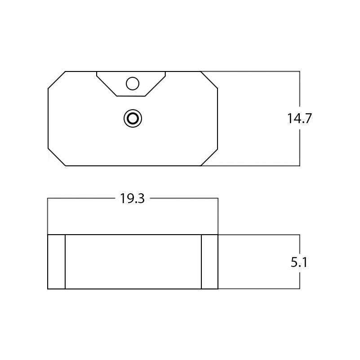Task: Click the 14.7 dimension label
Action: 299,119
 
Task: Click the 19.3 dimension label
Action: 132,199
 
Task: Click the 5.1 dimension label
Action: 299,262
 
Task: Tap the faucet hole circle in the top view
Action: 133,84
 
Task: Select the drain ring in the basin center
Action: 133,119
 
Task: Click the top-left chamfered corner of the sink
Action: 57,80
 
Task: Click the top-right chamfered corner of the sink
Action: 209,80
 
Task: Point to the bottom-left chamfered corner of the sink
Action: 57,157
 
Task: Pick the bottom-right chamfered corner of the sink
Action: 209,157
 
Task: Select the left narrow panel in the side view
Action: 57,262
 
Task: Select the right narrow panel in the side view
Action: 209,262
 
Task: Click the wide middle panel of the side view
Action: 133,262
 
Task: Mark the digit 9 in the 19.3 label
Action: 129,199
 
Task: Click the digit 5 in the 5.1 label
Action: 294,262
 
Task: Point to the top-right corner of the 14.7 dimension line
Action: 299,71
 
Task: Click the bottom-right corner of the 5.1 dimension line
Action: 299,289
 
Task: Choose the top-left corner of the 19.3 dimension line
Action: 48,198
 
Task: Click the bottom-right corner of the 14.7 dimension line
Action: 299,166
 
